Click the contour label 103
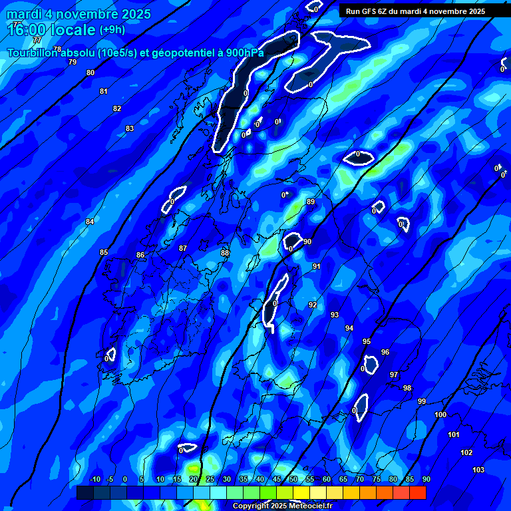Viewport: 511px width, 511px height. pos(478,470)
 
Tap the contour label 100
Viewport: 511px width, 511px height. pos(440,415)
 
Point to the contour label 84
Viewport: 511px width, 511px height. pos(90,222)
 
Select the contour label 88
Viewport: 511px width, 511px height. pos(225,253)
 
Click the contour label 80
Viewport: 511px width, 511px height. pos(90,73)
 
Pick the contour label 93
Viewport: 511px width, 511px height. pos(335,315)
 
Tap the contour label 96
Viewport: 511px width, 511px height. pos(385,352)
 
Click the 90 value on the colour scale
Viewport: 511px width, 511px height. pos(426,479)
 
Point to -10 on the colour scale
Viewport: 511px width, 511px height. pos(94,479)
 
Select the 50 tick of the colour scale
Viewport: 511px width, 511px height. pos(293,479)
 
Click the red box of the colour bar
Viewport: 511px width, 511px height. pos(418,492)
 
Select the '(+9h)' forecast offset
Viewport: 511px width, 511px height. pos(112,30)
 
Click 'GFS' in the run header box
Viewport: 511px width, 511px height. pos(373,11)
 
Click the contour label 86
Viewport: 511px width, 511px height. pos(140,255)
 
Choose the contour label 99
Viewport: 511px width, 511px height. pos(422,401)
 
